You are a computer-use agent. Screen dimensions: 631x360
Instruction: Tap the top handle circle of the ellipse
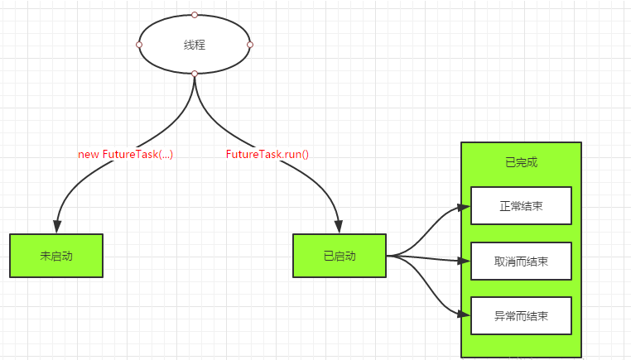(x=195, y=15)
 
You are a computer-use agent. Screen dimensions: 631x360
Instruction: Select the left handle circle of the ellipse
(x=139, y=45)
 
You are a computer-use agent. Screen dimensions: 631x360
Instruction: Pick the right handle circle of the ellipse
(x=250, y=45)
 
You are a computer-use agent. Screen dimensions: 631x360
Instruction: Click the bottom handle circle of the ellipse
(x=195, y=74)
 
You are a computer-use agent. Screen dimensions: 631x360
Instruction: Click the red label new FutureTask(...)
(x=126, y=154)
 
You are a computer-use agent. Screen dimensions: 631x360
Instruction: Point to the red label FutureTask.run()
(x=267, y=154)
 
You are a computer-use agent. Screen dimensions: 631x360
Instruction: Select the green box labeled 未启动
(x=56, y=256)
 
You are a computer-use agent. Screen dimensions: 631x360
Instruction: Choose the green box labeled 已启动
(x=340, y=256)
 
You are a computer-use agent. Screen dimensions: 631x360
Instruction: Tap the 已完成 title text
(x=521, y=162)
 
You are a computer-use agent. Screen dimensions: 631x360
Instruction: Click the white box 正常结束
(x=521, y=206)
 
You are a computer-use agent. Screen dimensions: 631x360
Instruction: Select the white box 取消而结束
(x=521, y=261)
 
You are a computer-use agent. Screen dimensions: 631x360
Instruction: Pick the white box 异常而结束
(x=521, y=316)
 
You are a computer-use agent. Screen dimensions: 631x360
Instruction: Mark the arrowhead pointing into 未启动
(x=57, y=227)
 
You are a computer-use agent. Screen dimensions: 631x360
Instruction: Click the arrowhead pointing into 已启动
(x=339, y=227)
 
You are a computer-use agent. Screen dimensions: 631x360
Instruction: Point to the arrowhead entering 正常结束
(x=464, y=208)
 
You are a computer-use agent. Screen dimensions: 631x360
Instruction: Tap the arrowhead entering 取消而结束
(x=464, y=261)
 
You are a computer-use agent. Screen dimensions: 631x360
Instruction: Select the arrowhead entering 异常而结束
(x=464, y=314)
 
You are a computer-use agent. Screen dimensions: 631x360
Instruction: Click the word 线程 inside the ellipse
(x=195, y=45)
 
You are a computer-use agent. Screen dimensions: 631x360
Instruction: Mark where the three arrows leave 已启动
(x=388, y=256)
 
